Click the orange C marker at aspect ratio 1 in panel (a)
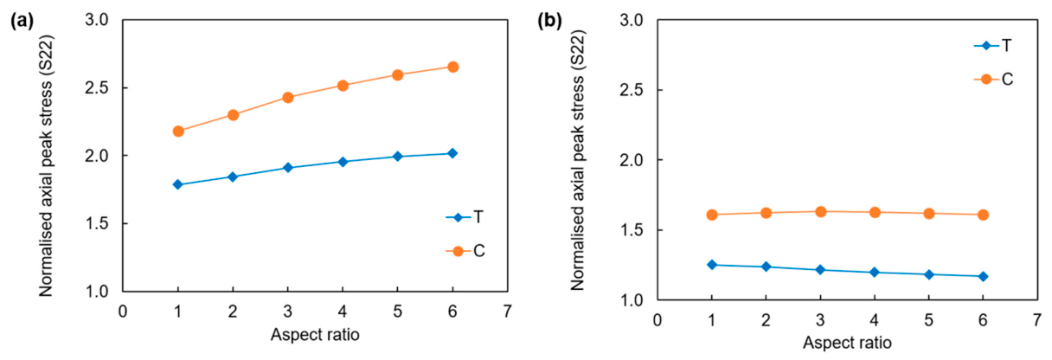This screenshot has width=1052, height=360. (x=178, y=132)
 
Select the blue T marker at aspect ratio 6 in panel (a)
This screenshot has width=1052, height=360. (x=452, y=153)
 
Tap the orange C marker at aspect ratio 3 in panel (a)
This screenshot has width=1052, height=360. (x=288, y=98)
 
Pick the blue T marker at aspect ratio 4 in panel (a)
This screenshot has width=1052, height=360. (x=343, y=162)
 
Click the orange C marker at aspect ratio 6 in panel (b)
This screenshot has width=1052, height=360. (x=983, y=215)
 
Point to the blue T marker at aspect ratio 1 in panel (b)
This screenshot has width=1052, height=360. (x=712, y=265)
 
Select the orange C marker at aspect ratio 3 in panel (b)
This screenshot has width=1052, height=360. (x=820, y=211)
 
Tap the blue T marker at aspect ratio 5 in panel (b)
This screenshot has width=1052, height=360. (x=929, y=274)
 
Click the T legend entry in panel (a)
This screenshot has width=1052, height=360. (x=465, y=217)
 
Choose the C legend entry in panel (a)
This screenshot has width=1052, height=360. (x=465, y=251)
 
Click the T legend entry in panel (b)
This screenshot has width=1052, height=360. (x=993, y=46)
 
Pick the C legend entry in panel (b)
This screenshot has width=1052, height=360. (x=993, y=79)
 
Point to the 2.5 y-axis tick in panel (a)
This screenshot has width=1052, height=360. (x=97, y=88)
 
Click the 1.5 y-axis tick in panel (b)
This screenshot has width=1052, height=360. (x=632, y=230)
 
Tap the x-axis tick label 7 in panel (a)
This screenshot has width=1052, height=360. (x=507, y=312)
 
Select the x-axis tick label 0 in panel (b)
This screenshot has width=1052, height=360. (x=657, y=320)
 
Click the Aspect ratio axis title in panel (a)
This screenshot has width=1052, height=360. (x=315, y=335)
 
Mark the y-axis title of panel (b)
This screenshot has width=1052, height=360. (x=578, y=160)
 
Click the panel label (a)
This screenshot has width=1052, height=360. (x=22, y=21)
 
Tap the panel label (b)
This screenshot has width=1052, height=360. (x=550, y=21)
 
